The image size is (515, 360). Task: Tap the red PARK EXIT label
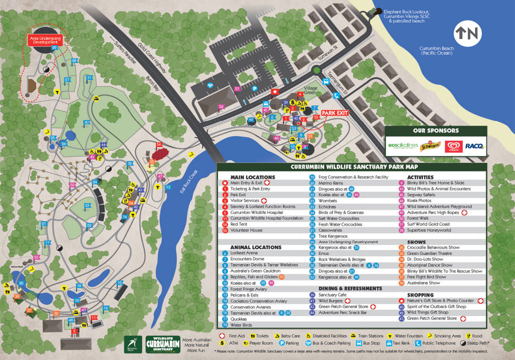[x=334, y=113]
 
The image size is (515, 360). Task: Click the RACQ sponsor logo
[x=474, y=146]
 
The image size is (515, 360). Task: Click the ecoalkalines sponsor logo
[x=402, y=146]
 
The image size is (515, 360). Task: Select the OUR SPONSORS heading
[x=436, y=130]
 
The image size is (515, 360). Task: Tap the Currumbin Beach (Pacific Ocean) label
[x=437, y=51]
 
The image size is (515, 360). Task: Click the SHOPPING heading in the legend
[x=421, y=295]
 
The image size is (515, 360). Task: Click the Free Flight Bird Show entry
[x=426, y=277]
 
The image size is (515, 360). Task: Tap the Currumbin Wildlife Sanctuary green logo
[x=163, y=343]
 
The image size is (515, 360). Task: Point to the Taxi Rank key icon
[x=391, y=342]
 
